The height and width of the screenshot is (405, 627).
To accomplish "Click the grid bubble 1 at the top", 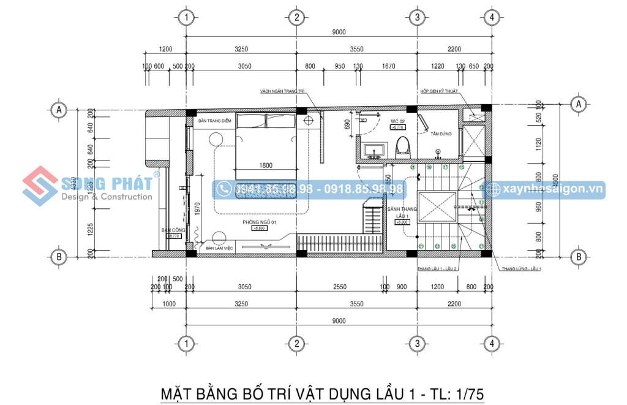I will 187,17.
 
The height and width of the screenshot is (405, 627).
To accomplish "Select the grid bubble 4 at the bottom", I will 490,343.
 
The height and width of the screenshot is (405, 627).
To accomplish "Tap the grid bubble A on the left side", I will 58,110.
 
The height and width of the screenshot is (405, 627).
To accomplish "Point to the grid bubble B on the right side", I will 577,257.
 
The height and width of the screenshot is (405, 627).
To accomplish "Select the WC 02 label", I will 397,121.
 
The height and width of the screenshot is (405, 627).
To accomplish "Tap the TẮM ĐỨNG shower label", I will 441,134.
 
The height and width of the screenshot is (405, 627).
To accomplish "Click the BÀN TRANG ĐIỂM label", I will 211,121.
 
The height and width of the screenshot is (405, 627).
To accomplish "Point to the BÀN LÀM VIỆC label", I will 220,248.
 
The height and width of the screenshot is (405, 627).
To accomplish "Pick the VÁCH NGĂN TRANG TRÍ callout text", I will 282,91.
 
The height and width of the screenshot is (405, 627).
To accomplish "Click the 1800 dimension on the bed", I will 266,165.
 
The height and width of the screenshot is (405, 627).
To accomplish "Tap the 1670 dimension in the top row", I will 388,66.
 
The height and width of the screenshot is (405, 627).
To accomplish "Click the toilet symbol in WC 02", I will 402,146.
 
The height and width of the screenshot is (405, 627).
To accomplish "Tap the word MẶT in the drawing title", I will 178,392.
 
